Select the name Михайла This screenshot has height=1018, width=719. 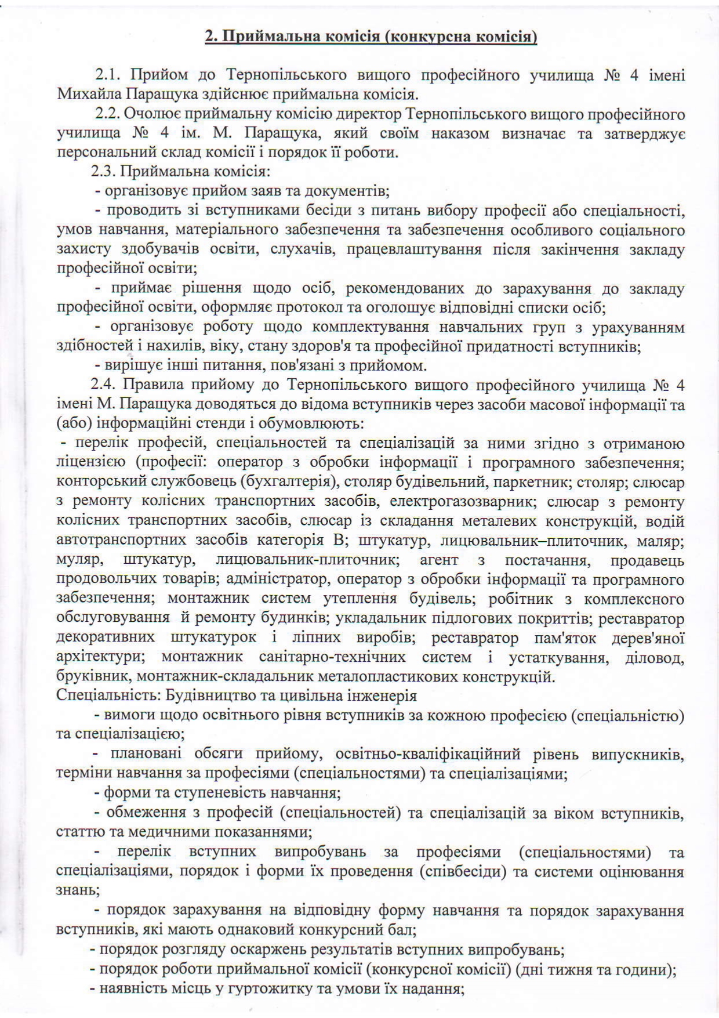tap(87, 95)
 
